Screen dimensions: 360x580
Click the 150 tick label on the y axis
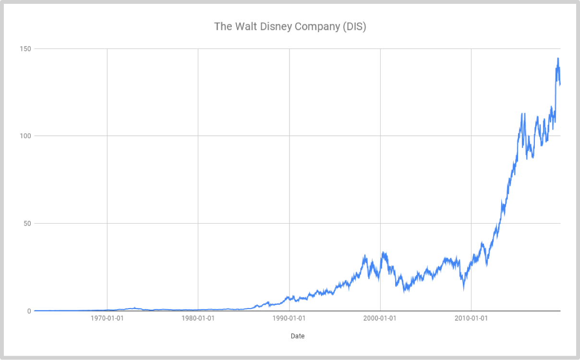[25, 49]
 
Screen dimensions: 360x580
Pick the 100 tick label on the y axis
[25, 136]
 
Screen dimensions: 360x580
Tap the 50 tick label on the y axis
[27, 223]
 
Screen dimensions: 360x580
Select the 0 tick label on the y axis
[29, 311]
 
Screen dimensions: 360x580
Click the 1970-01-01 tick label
[107, 318]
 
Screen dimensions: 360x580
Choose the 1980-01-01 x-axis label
[198, 318]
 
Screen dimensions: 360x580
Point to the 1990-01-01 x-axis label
[290, 318]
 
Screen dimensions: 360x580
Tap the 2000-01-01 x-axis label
[380, 318]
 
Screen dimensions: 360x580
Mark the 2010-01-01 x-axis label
[471, 318]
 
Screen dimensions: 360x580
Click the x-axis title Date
[298, 336]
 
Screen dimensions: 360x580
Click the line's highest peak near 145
[558, 58]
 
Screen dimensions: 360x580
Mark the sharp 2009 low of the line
[463, 290]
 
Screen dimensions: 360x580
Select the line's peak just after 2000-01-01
[383, 252]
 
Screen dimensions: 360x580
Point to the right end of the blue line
[560, 84]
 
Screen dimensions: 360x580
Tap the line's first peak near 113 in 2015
[521, 114]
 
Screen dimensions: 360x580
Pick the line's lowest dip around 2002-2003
[404, 291]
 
